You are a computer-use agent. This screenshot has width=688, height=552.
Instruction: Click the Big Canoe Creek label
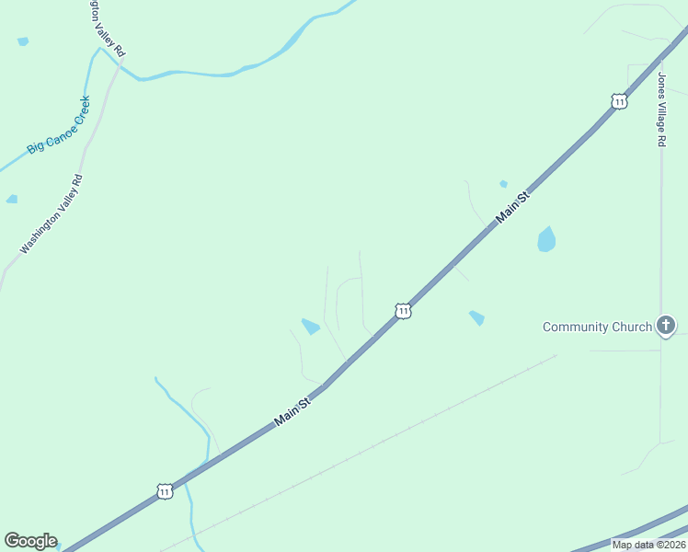point(59,125)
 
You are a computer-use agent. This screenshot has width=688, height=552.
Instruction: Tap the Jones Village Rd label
point(660,109)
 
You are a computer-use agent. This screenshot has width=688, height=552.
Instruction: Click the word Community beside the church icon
point(576,327)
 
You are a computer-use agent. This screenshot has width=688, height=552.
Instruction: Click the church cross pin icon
point(667,326)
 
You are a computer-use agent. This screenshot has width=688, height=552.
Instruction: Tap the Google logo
point(30,541)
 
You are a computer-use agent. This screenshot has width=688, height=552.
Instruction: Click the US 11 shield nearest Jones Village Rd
point(620,101)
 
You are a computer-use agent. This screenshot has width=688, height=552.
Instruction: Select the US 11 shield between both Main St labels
point(403,312)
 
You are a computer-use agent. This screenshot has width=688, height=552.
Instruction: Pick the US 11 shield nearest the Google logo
point(164,492)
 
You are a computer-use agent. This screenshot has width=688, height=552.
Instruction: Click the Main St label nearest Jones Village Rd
point(513,207)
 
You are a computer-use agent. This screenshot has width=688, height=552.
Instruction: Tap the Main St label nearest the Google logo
point(293,409)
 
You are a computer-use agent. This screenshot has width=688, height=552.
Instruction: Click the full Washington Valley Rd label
point(52,214)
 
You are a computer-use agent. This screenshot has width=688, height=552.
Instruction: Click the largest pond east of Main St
point(546,240)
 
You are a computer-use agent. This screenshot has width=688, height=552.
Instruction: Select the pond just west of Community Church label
point(476,318)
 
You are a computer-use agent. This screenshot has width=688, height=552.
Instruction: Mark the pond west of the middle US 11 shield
point(311,326)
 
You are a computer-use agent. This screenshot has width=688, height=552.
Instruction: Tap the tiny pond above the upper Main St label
point(503,184)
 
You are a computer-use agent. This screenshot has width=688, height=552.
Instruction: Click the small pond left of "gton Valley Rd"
point(22,41)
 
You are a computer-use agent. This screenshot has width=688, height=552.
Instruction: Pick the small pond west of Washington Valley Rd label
point(11,199)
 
